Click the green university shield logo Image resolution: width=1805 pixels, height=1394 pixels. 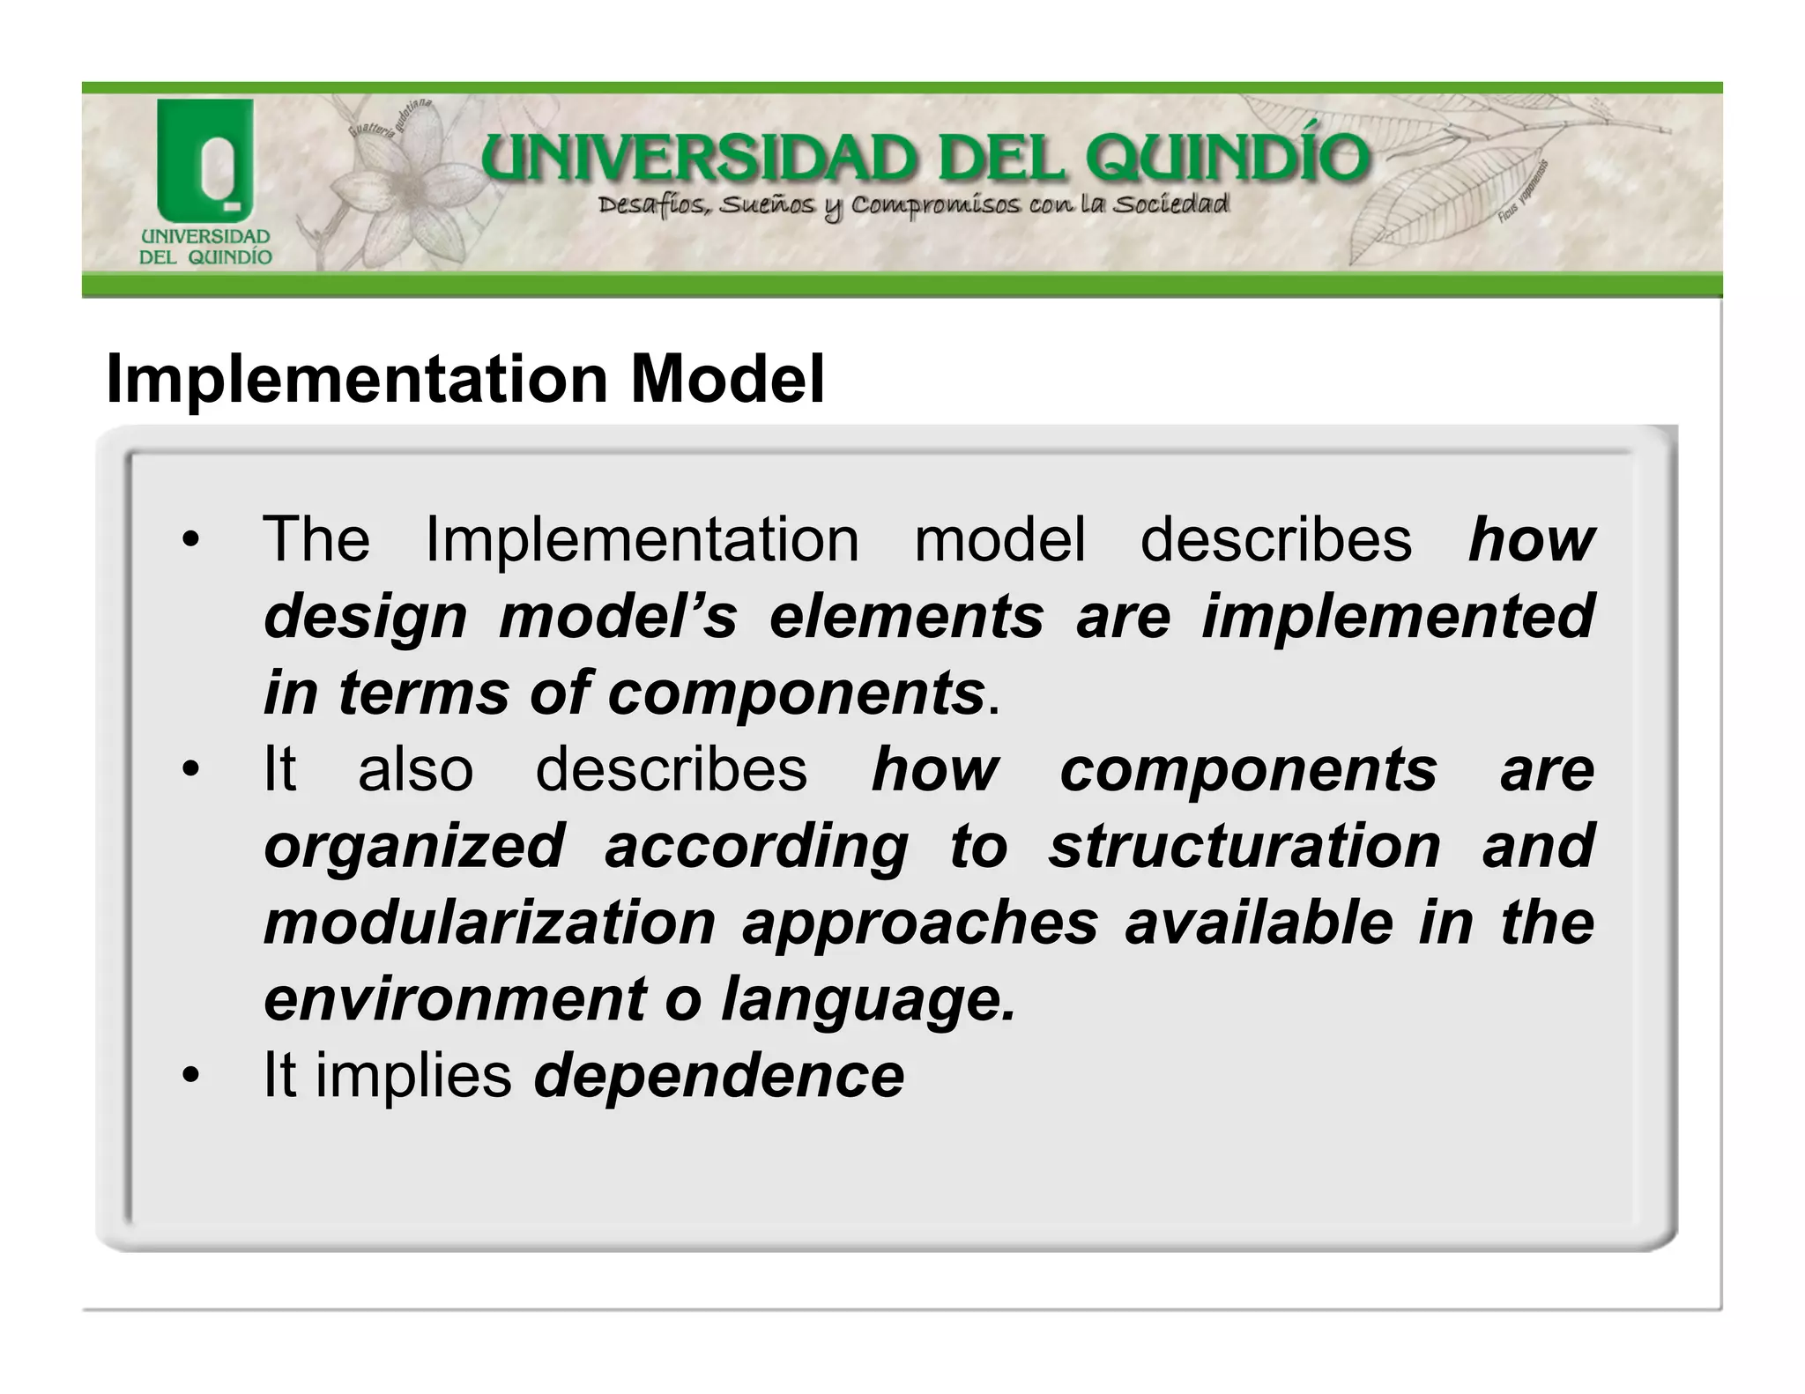(x=205, y=159)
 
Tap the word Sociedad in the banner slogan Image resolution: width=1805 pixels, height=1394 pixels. (x=1170, y=205)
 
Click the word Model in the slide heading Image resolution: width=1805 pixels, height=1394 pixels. (x=727, y=379)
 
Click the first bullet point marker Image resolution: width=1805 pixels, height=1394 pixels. (x=189, y=540)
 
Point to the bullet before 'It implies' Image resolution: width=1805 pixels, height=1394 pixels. (x=189, y=1077)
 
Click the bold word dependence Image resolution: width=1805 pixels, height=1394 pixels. (x=718, y=1077)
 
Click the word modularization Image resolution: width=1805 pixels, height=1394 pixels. (x=489, y=923)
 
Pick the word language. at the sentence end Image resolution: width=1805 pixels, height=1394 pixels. (x=868, y=1001)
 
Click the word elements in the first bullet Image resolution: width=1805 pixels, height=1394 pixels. (x=906, y=616)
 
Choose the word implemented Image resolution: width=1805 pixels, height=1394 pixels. (x=1398, y=617)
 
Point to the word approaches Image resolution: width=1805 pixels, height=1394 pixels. (x=919, y=924)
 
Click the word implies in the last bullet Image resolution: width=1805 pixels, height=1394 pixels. (x=413, y=1077)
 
